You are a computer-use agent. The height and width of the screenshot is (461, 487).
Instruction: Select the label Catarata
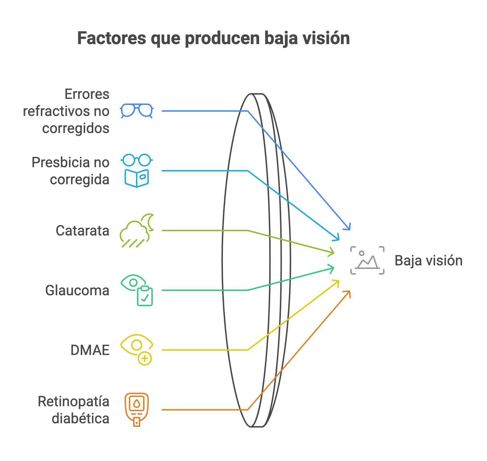point(83,231)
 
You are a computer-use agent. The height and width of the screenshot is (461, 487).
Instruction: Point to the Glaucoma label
point(77,291)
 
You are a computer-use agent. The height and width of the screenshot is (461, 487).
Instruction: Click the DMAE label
point(90,350)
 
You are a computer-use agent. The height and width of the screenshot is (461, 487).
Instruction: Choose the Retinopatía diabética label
point(74,410)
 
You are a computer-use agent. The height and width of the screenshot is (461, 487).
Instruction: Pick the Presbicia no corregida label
point(70,171)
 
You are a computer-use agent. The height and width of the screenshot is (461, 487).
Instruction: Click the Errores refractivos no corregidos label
point(66,111)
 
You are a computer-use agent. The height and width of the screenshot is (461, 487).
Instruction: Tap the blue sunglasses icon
point(137,111)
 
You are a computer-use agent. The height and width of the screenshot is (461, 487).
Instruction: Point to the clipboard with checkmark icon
point(145,296)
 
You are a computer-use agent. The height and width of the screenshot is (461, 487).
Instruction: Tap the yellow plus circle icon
point(145,358)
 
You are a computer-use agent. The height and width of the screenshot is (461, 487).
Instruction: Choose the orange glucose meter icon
point(137,409)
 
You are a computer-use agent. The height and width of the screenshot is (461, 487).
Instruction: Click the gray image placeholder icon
point(367,260)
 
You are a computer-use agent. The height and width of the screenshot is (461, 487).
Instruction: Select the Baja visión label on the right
point(429,261)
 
